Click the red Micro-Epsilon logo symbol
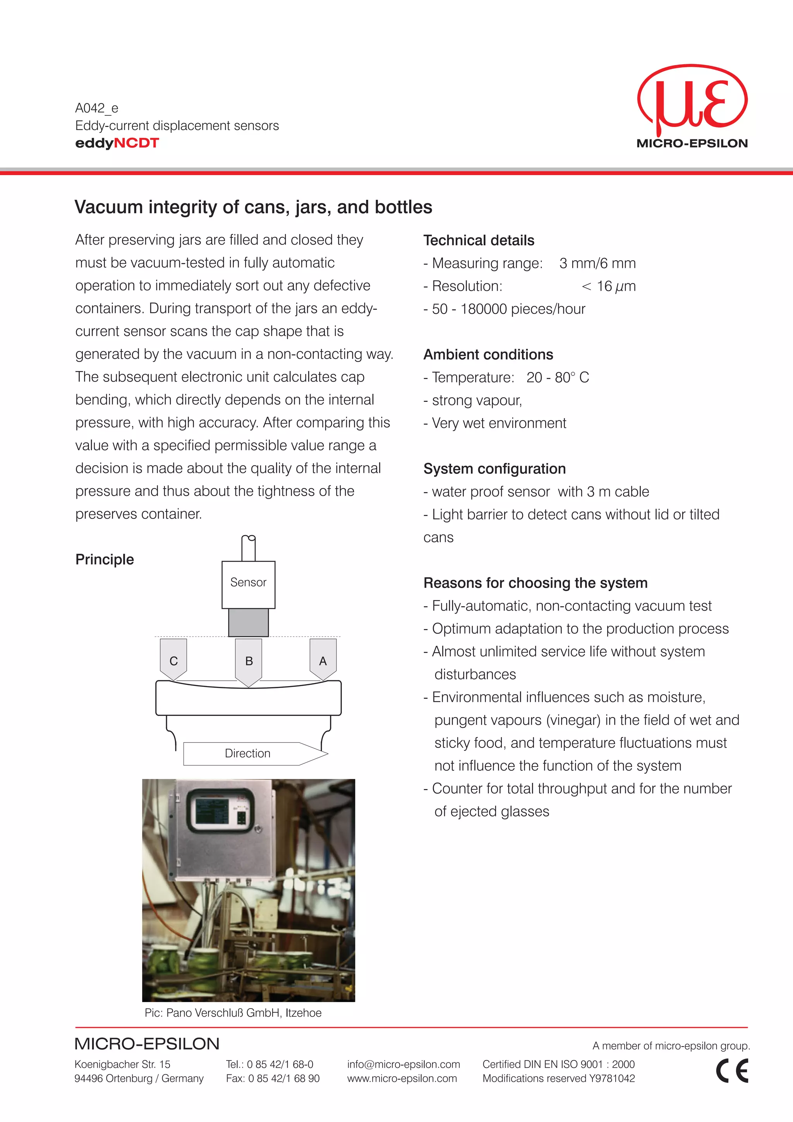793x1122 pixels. tap(692, 100)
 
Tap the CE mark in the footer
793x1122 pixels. tap(731, 1071)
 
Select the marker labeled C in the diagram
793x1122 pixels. tap(173, 659)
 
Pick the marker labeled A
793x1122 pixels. tap(323, 659)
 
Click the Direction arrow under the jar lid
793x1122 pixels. tap(254, 753)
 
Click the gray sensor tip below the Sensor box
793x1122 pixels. tap(248, 622)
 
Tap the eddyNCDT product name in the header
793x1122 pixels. tap(117, 143)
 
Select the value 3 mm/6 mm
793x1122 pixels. tap(597, 263)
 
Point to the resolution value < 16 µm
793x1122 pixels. tap(608, 287)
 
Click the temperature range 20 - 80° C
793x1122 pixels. tap(558, 377)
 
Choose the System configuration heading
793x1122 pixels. tap(494, 468)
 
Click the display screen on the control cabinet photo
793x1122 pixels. tap(211, 811)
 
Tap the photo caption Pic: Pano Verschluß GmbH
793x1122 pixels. tap(233, 1012)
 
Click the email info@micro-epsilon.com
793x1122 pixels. tap(403, 1064)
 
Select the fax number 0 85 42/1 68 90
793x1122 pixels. tap(283, 1078)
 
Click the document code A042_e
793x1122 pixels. tap(97, 108)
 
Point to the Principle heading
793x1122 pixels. tap(105, 559)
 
